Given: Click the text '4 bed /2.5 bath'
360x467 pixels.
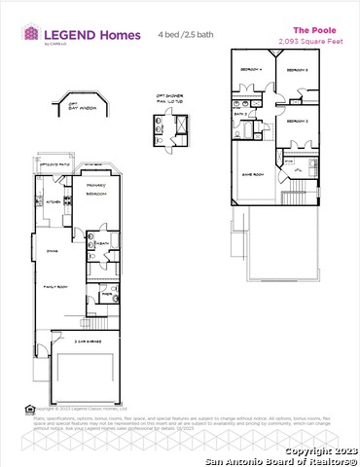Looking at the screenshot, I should pyautogui.click(x=187, y=34).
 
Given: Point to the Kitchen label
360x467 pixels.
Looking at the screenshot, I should pyautogui.click(x=54, y=201).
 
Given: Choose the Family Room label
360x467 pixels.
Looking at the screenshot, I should pyautogui.click(x=53, y=288).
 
